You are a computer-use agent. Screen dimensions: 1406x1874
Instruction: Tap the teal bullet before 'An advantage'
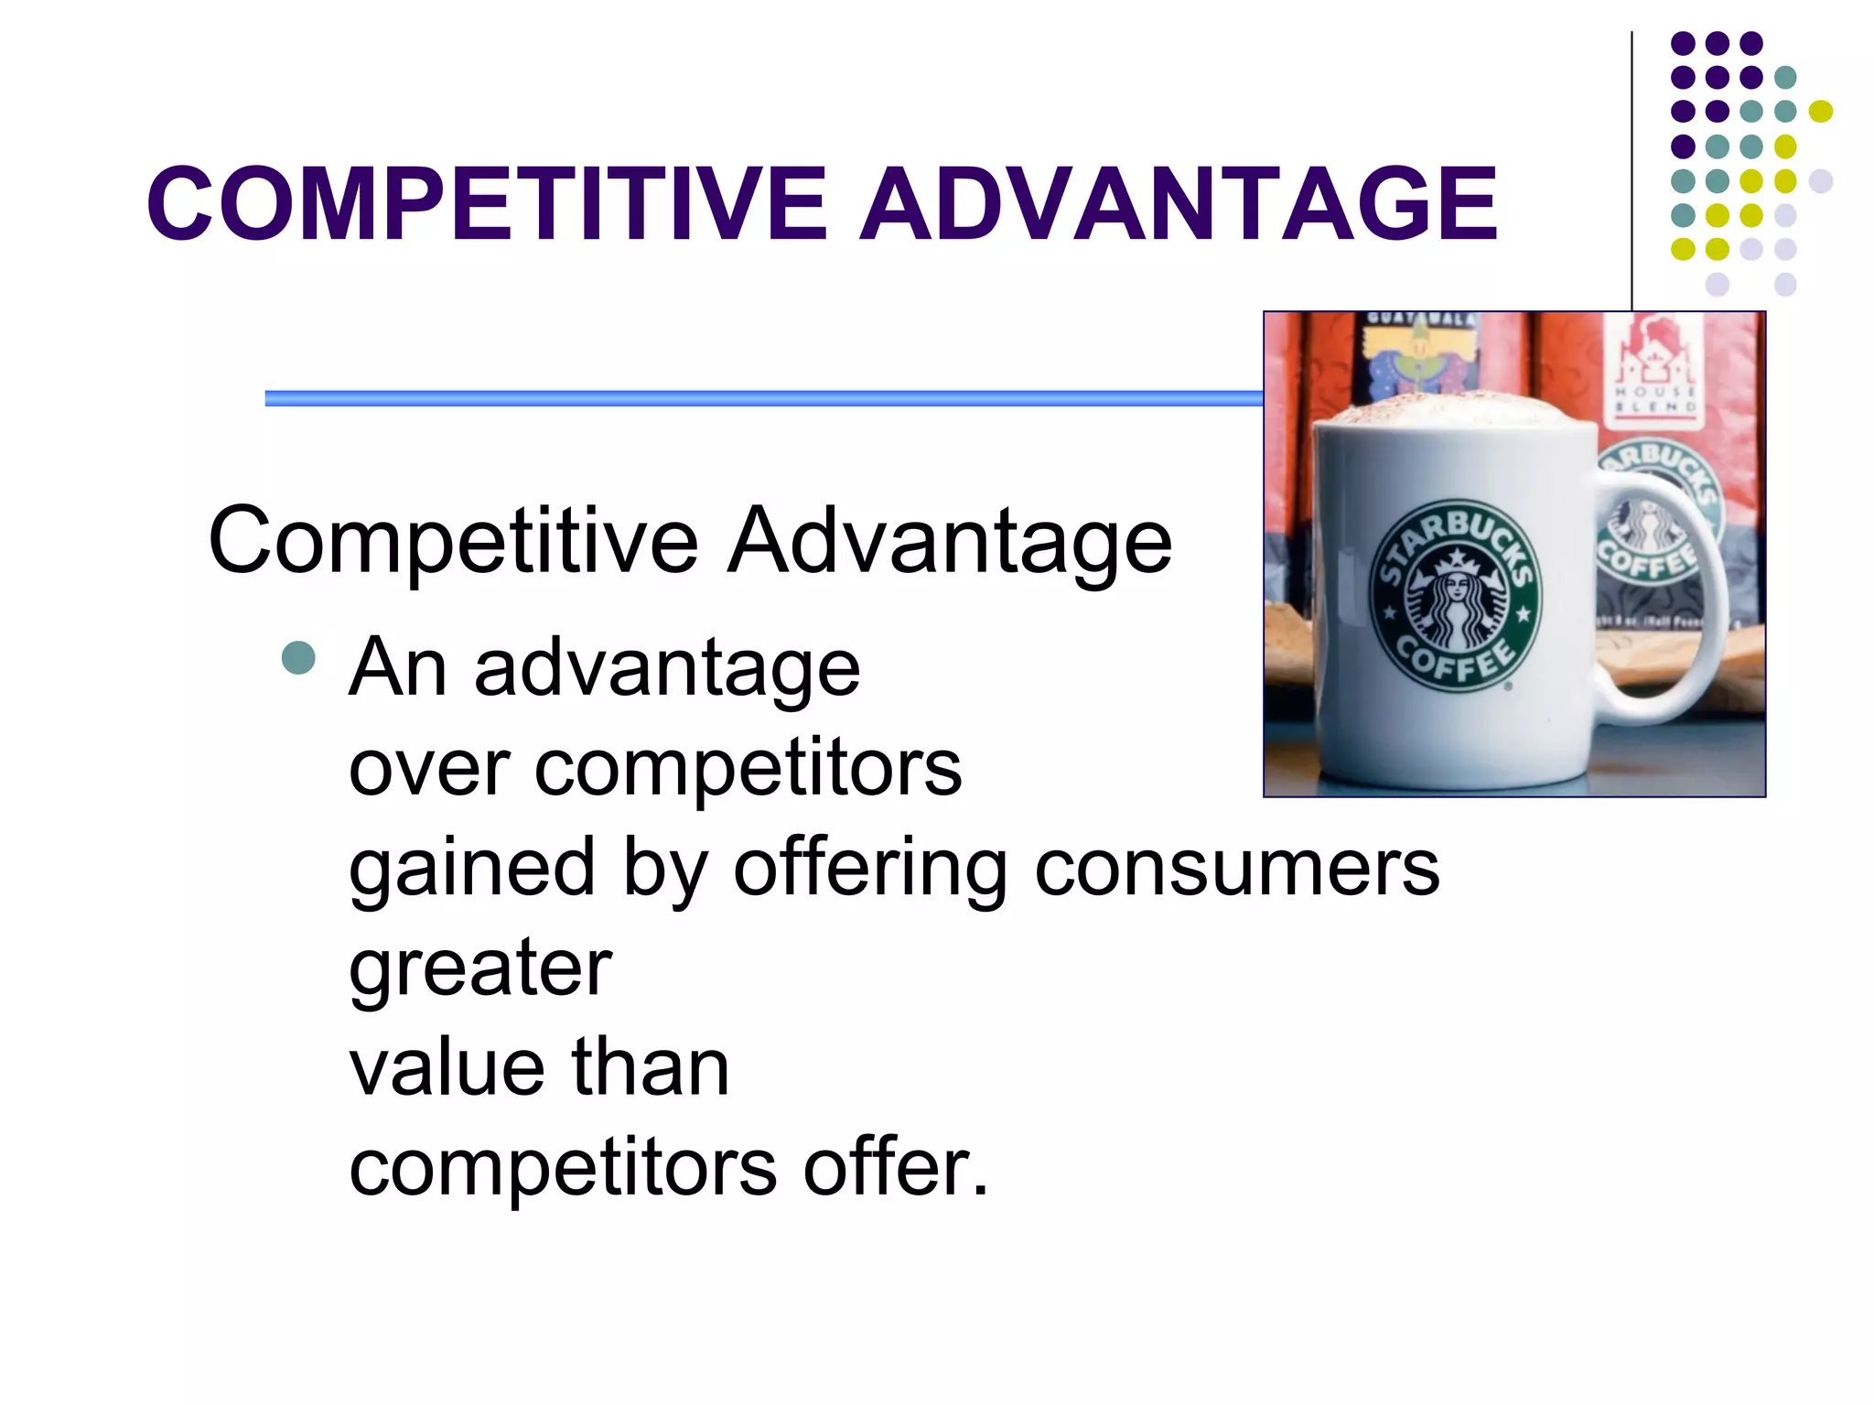(298, 657)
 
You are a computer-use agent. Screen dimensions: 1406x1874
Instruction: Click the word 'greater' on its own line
(480, 968)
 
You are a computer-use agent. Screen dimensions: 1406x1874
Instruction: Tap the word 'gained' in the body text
(472, 870)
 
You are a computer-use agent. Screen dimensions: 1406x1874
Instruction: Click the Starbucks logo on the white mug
(1456, 593)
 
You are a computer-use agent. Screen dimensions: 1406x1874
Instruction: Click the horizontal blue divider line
(759, 398)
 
